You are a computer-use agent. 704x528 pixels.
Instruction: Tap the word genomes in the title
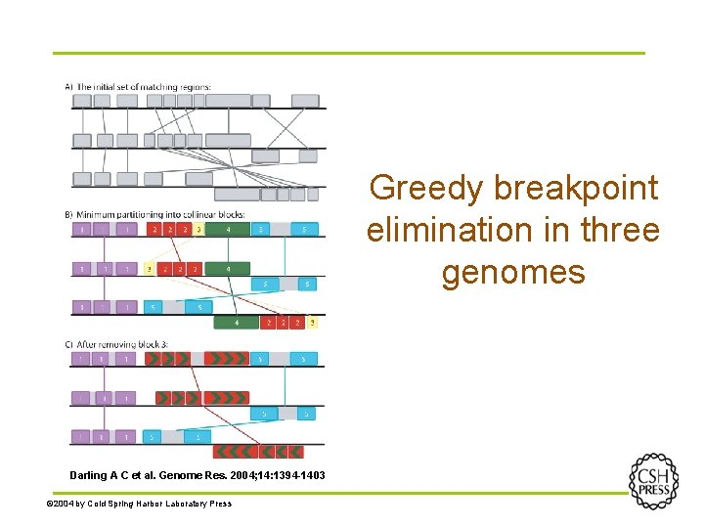(512, 271)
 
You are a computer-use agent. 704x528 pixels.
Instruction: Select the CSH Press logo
(652, 480)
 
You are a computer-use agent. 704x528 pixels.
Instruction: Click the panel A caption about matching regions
(138, 87)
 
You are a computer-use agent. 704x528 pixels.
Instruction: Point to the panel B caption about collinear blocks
(154, 214)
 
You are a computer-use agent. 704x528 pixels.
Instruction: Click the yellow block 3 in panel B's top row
(198, 230)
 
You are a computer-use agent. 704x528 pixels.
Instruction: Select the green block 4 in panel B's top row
(228, 230)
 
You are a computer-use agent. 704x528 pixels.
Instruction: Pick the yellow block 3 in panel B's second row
(149, 268)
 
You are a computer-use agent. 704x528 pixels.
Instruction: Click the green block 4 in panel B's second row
(228, 268)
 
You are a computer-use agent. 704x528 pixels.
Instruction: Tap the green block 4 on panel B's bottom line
(236, 322)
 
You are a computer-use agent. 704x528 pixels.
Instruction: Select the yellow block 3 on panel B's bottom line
(313, 322)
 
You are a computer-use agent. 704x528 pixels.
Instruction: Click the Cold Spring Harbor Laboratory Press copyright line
(140, 504)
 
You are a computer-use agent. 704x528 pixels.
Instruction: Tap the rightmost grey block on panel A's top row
(305, 101)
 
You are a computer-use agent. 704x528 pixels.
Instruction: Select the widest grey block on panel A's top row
(228, 101)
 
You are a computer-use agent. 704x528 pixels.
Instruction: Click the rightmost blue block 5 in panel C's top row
(305, 359)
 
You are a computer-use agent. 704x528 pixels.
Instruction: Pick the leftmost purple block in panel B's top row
(82, 230)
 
